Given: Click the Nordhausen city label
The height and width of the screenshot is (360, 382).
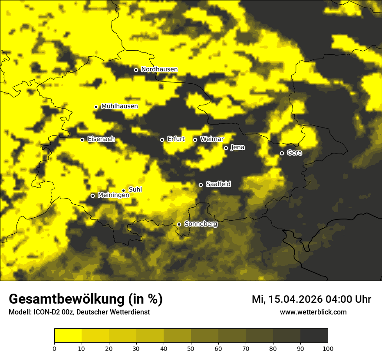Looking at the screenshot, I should pos(159,69).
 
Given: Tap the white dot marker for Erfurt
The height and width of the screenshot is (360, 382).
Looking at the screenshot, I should pos(162,140).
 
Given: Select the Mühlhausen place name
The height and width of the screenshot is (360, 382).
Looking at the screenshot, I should pos(119,106).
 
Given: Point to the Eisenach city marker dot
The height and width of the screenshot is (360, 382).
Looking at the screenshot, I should pos(82,140).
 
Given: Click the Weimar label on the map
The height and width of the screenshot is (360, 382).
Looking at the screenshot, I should pos(212,139).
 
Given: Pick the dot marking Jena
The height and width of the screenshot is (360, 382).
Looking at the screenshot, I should pos(226,148).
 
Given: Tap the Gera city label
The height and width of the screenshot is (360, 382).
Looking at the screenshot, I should pos(294,153).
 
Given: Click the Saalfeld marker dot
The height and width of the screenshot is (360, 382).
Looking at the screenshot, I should pos(201,185).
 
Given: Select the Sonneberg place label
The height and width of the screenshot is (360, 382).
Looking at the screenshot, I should pos(201,224).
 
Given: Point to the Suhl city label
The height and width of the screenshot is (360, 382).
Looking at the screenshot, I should pos(135,190).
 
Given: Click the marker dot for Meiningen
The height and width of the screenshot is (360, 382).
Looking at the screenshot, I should pos(92,196).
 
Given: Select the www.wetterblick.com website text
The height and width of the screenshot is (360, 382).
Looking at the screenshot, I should pos(313,312).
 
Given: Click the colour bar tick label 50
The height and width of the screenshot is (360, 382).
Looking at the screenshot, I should pos(191,348).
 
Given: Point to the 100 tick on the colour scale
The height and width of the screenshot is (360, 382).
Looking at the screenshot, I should pos(328,348).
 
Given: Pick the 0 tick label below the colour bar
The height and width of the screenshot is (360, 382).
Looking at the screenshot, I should pos(54,348).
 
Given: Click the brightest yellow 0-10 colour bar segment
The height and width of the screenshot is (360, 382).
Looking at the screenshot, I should pos(68,335).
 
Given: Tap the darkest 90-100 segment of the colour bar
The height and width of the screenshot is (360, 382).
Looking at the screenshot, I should pos(314,335).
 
